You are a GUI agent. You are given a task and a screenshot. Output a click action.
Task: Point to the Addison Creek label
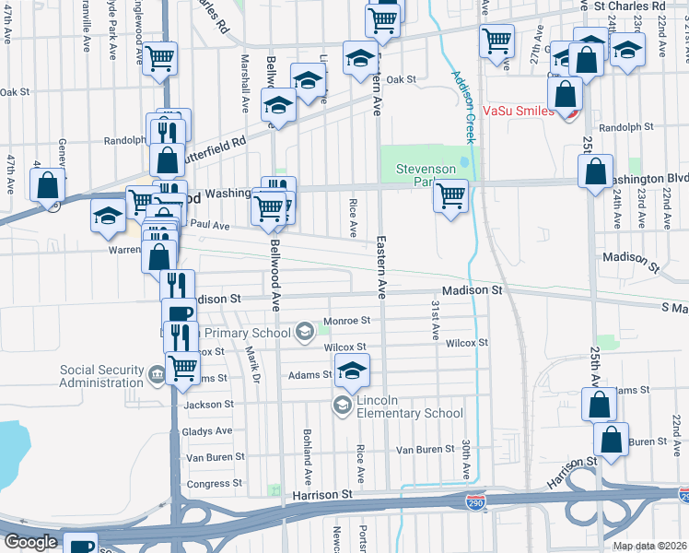click(463, 107)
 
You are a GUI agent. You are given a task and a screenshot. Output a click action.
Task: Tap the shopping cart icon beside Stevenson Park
click(450, 195)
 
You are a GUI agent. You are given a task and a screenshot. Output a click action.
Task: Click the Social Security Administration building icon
click(157, 375)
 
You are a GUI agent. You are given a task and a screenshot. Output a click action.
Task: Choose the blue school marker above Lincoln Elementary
click(351, 371)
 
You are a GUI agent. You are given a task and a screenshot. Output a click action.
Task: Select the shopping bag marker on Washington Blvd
click(596, 171)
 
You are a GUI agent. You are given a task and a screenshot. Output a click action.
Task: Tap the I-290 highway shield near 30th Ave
click(475, 502)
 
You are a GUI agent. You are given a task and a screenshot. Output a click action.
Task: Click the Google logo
click(30, 542)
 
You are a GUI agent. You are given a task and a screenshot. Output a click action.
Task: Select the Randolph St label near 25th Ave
click(625, 127)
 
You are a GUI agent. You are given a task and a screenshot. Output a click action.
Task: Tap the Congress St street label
click(214, 484)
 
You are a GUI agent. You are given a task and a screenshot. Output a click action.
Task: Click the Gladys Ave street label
click(207, 431)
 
